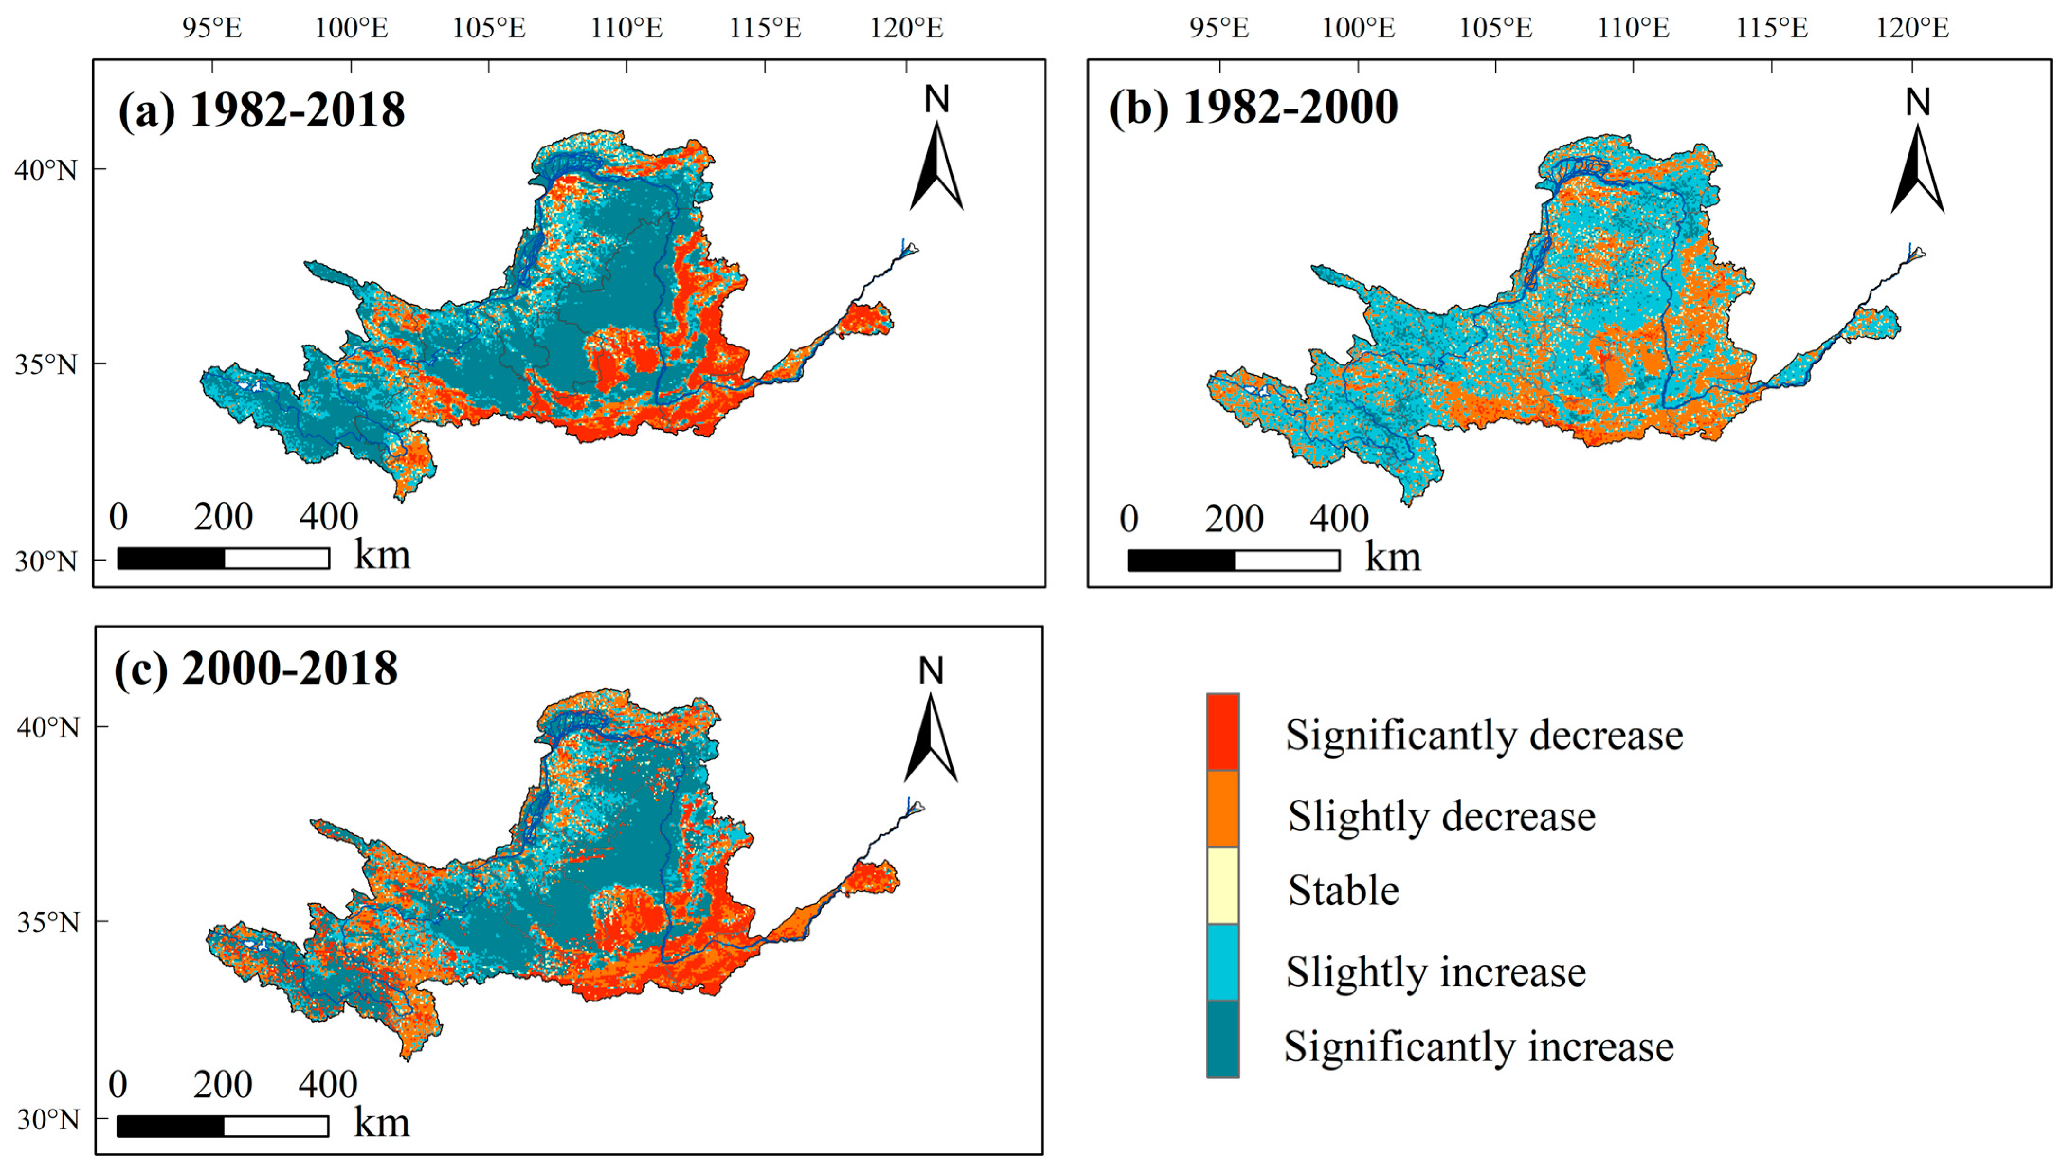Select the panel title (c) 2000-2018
click(256, 668)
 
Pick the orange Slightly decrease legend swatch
click(1222, 809)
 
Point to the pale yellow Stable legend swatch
click(1222, 885)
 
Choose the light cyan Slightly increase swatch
click(1222, 963)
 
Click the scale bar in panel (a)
click(223, 558)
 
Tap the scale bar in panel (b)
click(1234, 560)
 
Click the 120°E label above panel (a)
click(906, 29)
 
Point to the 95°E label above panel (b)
click(1219, 29)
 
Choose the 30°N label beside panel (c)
click(47, 1119)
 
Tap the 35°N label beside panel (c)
click(47, 922)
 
